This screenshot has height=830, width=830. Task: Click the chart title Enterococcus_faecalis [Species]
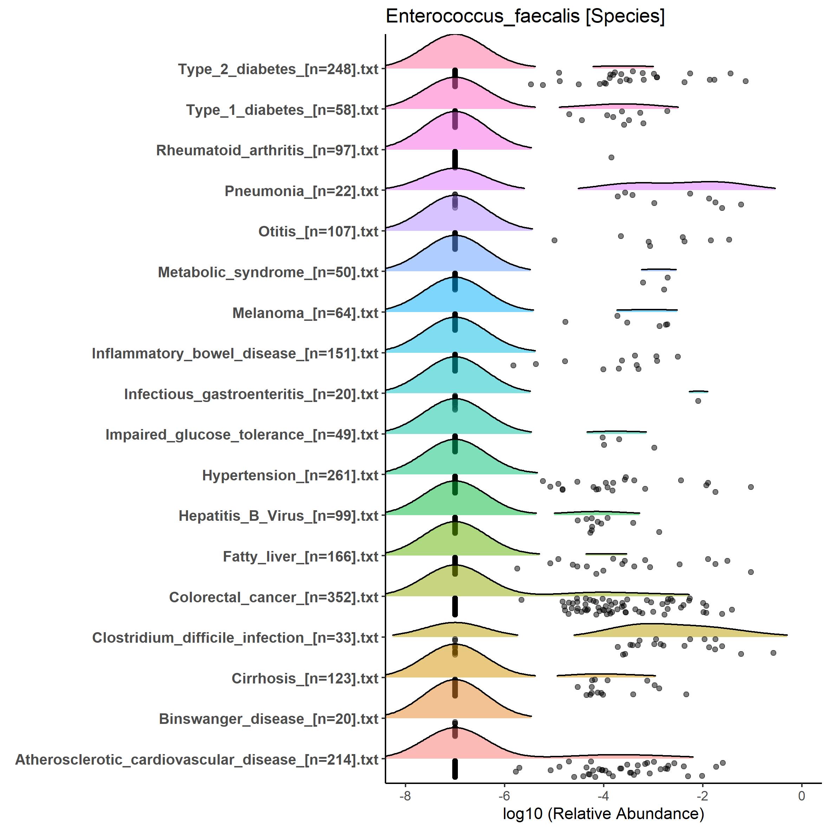point(525,17)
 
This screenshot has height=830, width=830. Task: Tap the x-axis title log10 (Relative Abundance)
point(603,813)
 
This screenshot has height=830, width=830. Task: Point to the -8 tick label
point(405,796)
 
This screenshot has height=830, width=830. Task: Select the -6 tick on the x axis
point(504,796)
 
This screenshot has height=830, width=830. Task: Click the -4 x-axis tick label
point(603,796)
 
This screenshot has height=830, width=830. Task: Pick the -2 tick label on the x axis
point(702,796)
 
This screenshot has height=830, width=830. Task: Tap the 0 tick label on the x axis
point(801,796)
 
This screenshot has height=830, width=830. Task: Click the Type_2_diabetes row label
point(278,69)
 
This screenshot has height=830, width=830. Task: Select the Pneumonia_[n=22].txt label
point(301,191)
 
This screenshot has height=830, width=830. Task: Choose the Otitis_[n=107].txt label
point(318,232)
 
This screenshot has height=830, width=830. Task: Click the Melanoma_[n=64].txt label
point(305,313)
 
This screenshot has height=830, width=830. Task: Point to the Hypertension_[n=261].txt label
point(290,475)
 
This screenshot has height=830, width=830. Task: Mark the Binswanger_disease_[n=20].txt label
point(268,719)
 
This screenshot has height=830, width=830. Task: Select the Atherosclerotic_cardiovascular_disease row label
point(197,760)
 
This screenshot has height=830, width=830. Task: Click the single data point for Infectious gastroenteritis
point(698,401)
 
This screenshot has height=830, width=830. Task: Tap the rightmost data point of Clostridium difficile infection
point(773,653)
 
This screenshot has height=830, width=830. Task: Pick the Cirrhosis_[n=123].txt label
point(305,679)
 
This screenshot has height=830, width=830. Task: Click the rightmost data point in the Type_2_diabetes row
point(746,81)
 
